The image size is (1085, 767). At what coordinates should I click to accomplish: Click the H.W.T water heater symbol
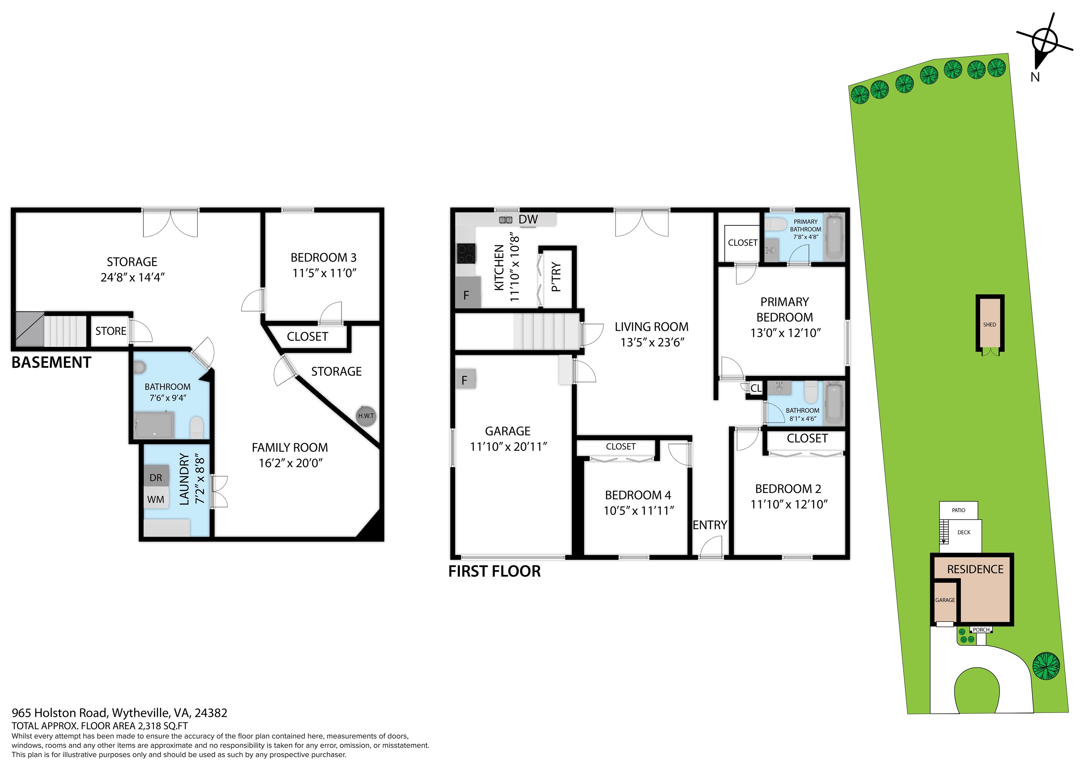click(366, 416)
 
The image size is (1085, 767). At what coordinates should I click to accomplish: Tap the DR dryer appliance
click(156, 477)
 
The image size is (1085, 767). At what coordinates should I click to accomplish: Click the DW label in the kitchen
click(528, 219)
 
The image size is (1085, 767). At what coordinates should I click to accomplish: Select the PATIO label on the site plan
click(958, 510)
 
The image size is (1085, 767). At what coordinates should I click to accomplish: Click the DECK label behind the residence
click(964, 533)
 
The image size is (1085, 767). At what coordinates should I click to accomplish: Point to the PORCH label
click(981, 630)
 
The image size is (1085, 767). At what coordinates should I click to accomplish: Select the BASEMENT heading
click(51, 362)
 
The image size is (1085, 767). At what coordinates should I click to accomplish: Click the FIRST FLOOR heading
click(494, 571)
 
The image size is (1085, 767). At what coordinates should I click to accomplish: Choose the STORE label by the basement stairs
click(111, 331)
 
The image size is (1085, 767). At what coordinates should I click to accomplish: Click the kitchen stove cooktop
click(466, 253)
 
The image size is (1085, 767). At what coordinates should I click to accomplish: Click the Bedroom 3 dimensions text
click(324, 273)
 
